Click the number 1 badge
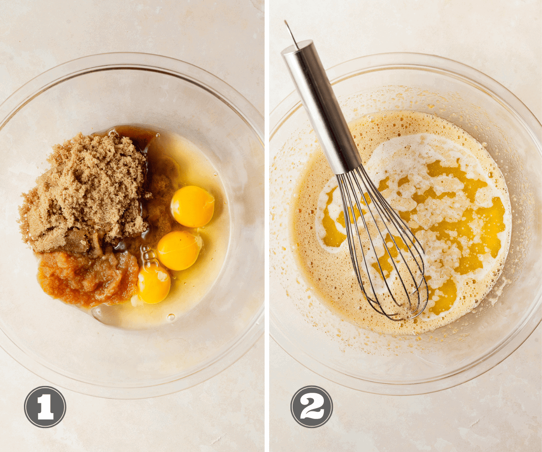[x=45, y=407]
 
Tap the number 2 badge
[x=312, y=406]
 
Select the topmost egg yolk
[x=192, y=207]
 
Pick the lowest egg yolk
[x=154, y=284]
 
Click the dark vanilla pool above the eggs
[x=135, y=138]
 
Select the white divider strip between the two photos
[x=267, y=226]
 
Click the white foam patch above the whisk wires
[x=405, y=148]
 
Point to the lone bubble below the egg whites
[x=171, y=317]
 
